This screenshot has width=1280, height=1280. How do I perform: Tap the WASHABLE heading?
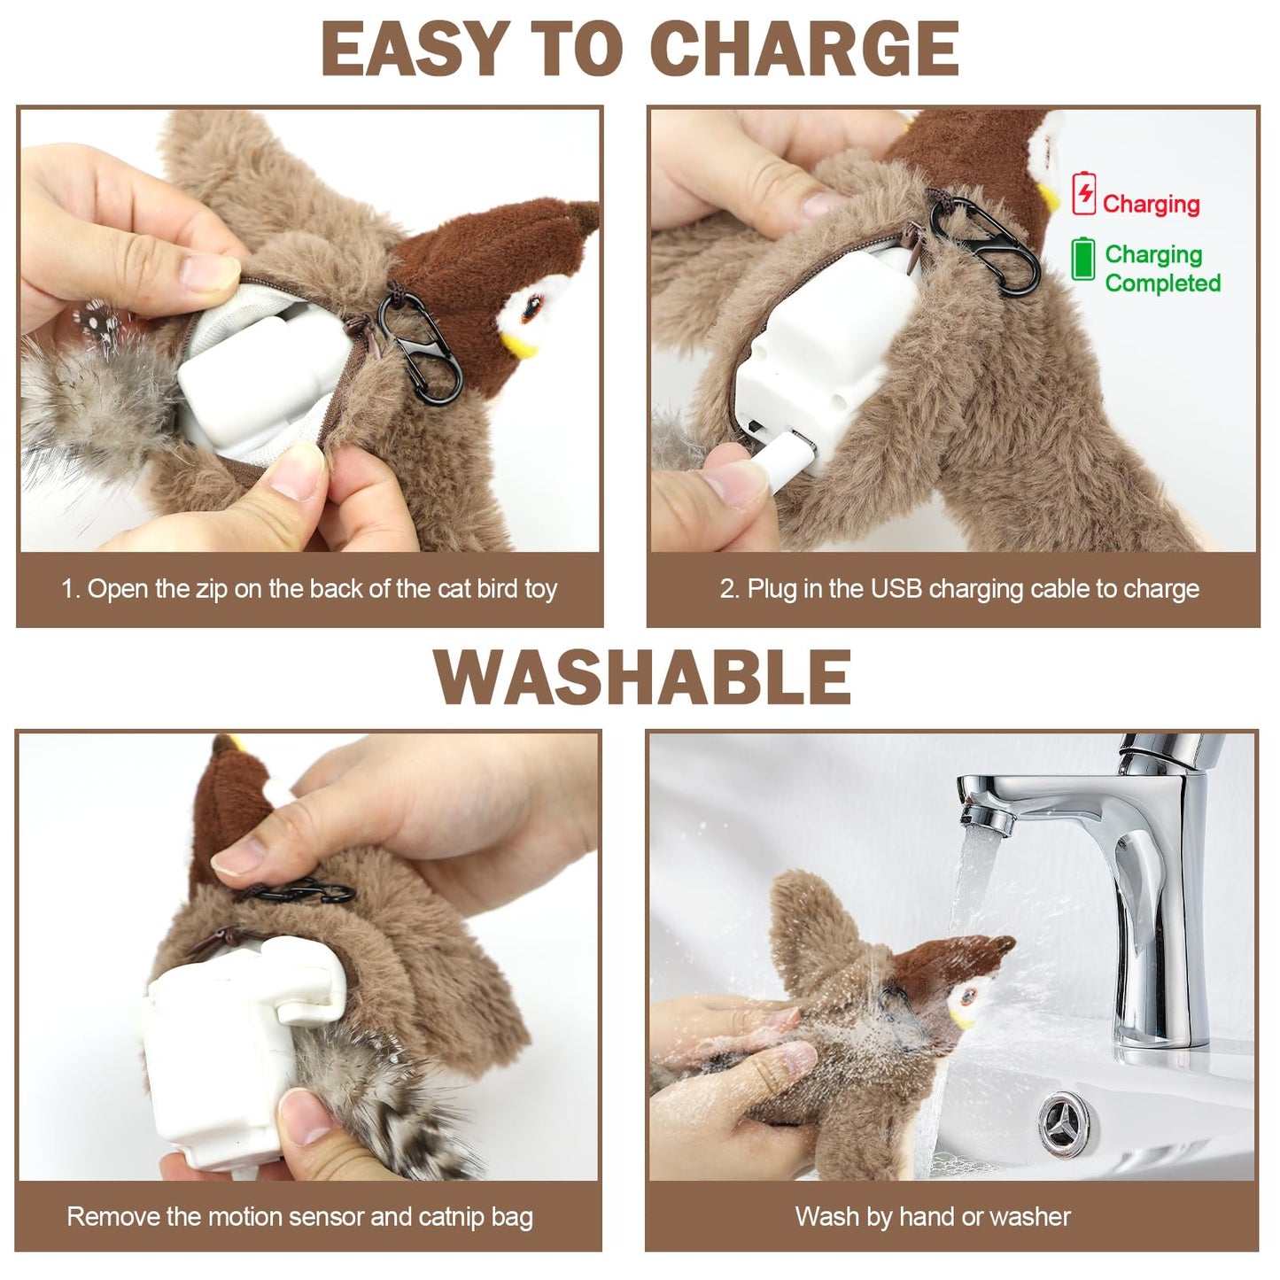[642, 677]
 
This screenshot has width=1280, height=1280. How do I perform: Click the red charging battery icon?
[1083, 194]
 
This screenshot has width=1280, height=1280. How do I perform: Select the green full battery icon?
[1082, 260]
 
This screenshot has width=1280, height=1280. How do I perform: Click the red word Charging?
[1151, 204]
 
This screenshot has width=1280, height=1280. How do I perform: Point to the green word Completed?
[1162, 283]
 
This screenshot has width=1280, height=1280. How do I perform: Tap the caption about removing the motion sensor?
[299, 1216]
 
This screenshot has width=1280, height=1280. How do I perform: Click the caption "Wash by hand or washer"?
[933, 1216]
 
